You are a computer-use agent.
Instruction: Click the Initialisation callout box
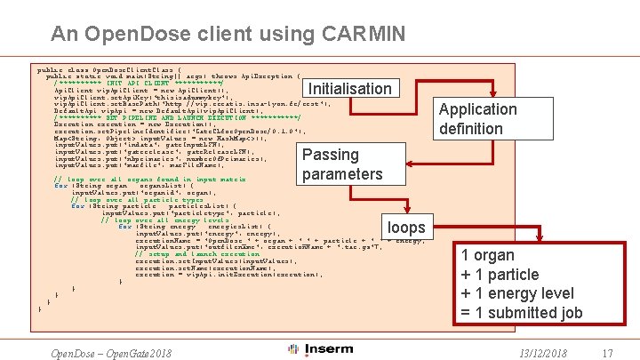pos(349,89)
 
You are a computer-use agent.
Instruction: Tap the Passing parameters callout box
pos(341,164)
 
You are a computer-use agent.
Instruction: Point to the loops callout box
pos(406,227)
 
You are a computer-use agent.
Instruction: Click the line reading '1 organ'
pos(488,255)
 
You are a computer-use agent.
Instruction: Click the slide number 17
pos(607,354)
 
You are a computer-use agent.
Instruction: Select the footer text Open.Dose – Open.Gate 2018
pos(111,353)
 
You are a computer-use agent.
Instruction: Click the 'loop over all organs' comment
pos(150,180)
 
